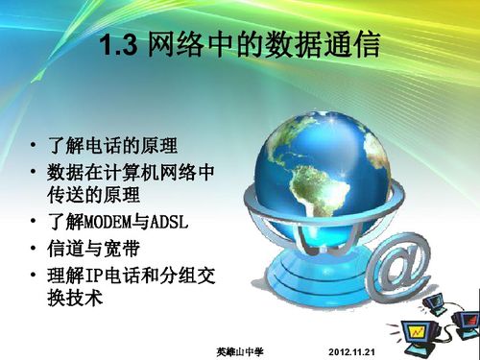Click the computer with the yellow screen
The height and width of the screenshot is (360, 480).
point(420,334)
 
